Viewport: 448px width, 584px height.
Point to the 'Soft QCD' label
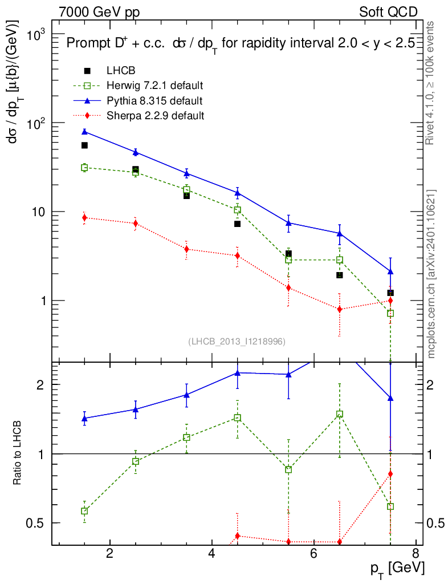point(388,11)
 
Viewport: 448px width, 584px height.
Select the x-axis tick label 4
point(211,554)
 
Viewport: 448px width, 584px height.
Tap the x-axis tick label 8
point(416,554)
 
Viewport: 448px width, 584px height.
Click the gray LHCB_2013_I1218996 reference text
point(237,341)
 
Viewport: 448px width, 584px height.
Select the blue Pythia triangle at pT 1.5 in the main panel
point(84,132)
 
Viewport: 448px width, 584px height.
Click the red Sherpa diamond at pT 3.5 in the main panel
point(186,249)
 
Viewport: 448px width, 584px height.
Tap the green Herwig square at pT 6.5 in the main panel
point(340,260)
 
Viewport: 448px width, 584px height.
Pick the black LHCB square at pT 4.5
point(237,224)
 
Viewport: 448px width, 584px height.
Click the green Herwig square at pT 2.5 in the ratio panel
point(136,461)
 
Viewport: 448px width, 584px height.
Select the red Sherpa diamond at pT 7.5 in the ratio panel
point(390,474)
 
